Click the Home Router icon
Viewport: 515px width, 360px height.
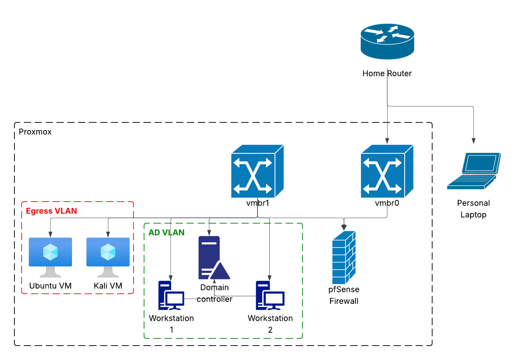[387, 41]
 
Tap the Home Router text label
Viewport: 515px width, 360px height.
[387, 73]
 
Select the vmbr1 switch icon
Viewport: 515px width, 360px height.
[257, 171]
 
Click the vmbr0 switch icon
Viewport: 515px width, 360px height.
[387, 171]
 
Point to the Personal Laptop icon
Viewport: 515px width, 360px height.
[474, 171]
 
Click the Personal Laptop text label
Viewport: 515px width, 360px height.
[473, 209]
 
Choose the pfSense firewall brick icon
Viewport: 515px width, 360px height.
[344, 257]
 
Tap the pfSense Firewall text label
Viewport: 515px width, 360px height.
[344, 295]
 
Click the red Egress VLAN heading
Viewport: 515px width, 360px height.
[51, 211]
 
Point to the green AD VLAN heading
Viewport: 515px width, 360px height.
[166, 233]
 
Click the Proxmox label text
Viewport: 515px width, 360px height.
[35, 132]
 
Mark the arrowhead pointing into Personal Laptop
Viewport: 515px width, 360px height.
[474, 141]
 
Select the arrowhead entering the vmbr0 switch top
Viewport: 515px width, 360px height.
[387, 141]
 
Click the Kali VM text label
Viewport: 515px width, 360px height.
[108, 286]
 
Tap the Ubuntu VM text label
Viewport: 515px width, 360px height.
[50, 286]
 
